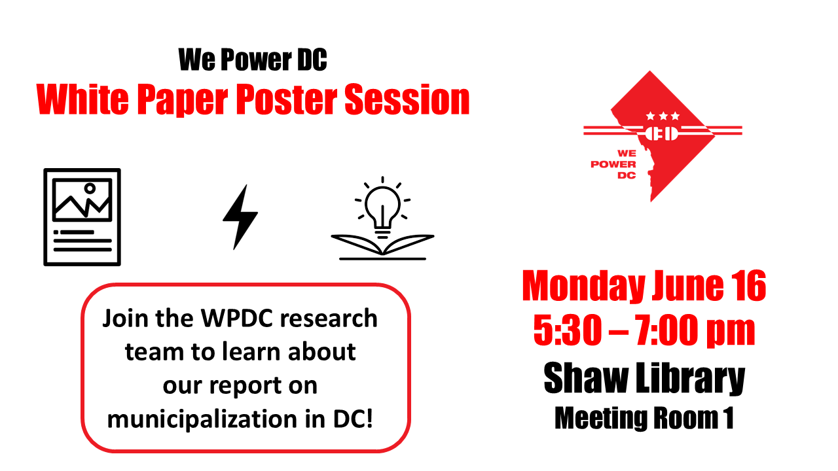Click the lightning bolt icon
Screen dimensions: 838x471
[x=240, y=217]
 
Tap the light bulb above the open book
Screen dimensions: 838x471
[x=382, y=207]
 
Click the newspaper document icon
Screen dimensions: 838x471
[x=82, y=217]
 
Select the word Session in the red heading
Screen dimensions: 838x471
[x=407, y=99]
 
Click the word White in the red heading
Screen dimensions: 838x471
[x=82, y=99]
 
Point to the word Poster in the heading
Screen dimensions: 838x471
[x=287, y=99]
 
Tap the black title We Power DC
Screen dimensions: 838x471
[x=253, y=60]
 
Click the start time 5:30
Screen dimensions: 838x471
[x=567, y=330]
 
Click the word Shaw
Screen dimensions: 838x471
[x=585, y=378]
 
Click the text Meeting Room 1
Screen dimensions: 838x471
[x=644, y=418]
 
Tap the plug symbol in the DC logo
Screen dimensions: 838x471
[x=661, y=133]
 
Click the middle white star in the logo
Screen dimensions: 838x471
[x=663, y=116]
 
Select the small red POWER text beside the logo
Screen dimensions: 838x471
[x=613, y=164]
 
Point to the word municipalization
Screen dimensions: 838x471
[x=202, y=419]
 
